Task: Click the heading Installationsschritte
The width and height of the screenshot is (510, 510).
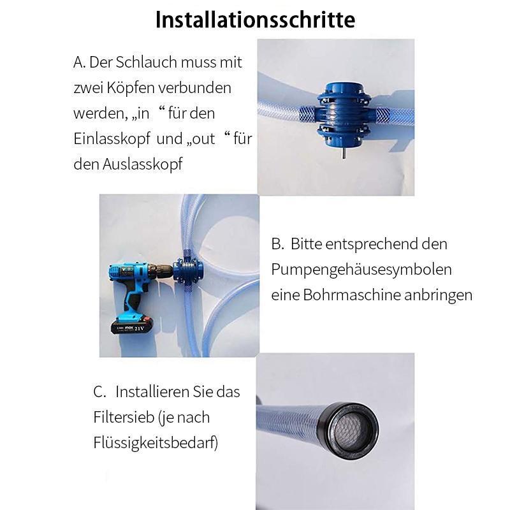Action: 255,20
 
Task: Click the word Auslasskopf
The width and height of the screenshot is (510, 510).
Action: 142,164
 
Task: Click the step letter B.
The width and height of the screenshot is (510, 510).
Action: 277,244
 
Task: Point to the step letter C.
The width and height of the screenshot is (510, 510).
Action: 99,391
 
